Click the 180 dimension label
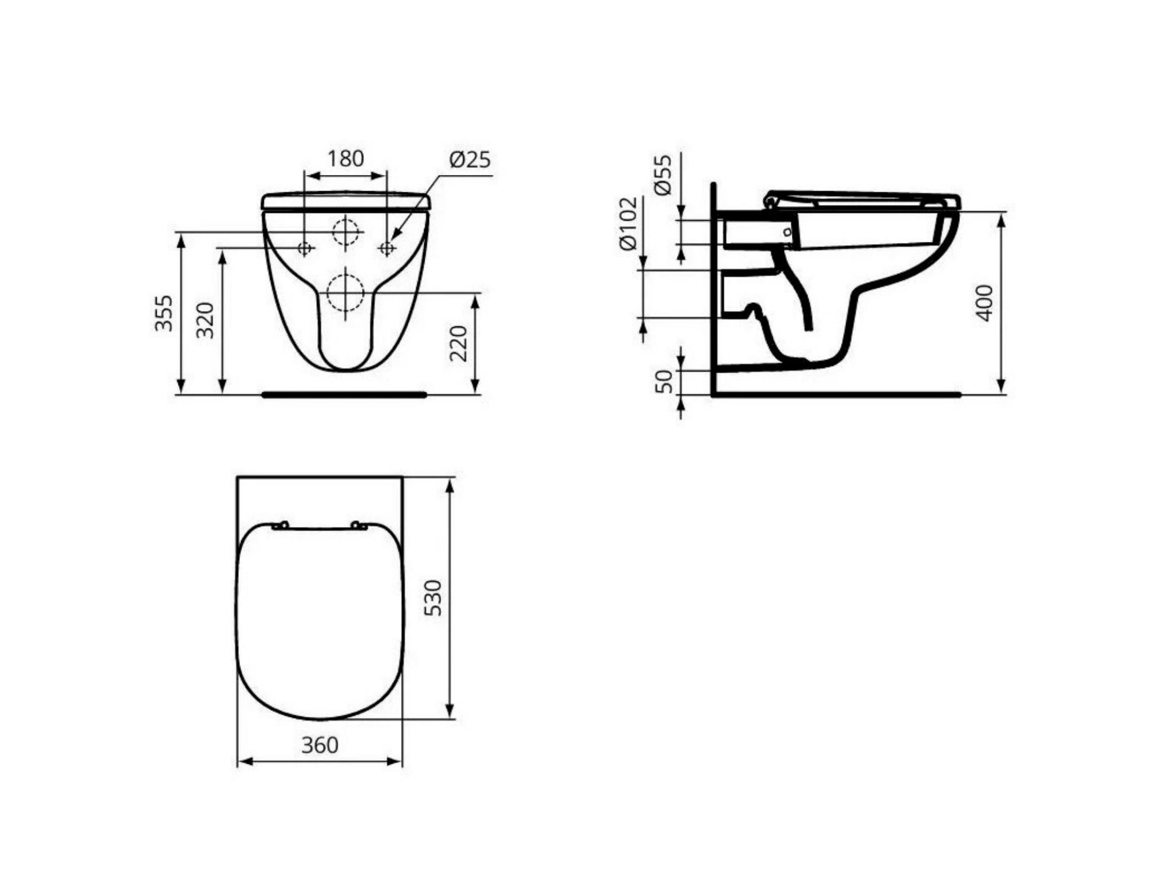click(346, 158)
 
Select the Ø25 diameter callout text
click(470, 159)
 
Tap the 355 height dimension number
click(164, 313)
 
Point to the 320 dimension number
click(205, 320)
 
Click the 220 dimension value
click(458, 344)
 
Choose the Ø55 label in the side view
click(662, 174)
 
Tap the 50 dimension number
click(663, 381)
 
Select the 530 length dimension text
click(433, 598)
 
